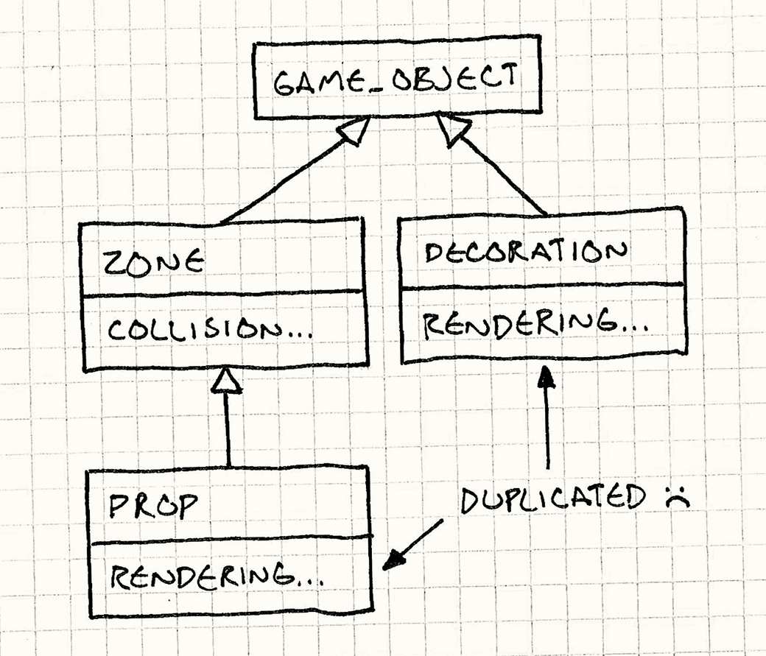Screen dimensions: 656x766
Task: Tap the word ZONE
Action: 153,263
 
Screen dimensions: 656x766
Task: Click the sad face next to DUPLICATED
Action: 671,498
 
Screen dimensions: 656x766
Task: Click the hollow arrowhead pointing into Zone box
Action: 228,379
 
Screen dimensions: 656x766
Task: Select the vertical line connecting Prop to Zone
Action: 228,431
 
